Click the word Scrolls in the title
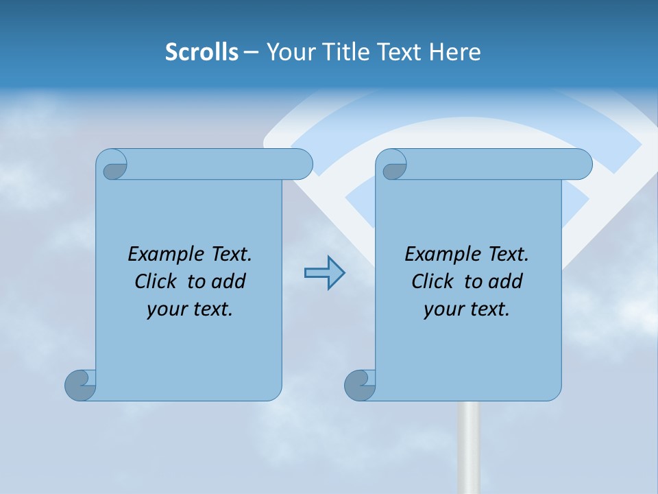tap(202, 52)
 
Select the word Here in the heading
tap(455, 52)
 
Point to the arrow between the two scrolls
tap(324, 273)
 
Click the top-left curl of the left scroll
tap(112, 165)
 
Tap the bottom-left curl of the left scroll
tap(80, 385)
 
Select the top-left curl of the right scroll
tap(392, 165)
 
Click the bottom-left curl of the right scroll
tap(360, 385)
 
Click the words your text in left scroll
tap(190, 309)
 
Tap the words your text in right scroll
tap(467, 309)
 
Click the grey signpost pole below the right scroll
tap(468, 446)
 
